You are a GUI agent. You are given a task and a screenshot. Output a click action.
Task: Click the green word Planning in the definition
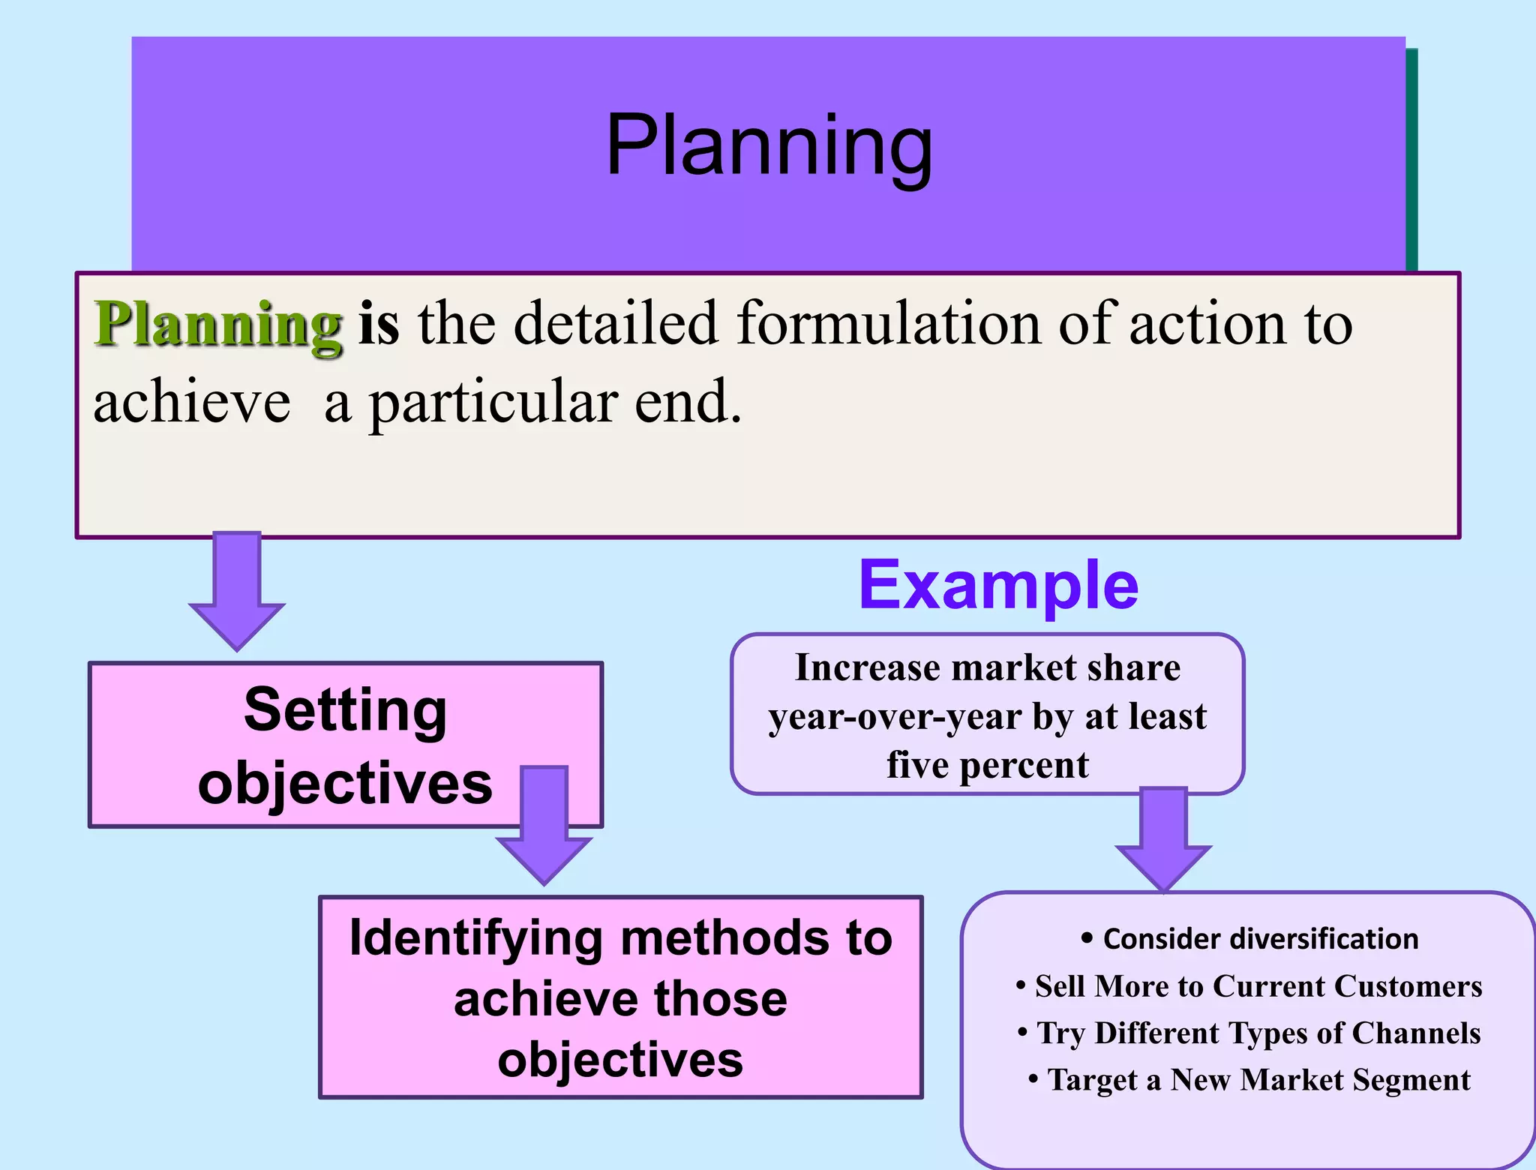(x=218, y=324)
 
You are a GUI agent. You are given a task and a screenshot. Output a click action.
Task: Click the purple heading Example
(x=998, y=585)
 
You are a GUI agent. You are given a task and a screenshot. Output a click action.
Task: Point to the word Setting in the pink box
(x=346, y=709)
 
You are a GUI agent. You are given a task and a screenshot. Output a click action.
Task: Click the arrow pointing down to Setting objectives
(x=237, y=591)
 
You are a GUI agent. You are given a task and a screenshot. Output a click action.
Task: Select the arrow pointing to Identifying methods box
(x=544, y=825)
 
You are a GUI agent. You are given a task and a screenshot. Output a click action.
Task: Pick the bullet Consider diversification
(x=1250, y=939)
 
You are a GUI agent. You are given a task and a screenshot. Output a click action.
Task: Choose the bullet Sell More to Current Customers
(x=1250, y=986)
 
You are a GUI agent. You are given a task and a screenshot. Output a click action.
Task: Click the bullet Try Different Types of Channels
(x=1250, y=1033)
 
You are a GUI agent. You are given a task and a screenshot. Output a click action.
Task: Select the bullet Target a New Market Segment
(x=1250, y=1080)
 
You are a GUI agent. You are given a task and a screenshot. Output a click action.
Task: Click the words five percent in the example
(x=987, y=765)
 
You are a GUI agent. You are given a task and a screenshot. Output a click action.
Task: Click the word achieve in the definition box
(x=192, y=403)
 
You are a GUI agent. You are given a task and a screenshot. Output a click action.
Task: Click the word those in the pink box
(x=721, y=999)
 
